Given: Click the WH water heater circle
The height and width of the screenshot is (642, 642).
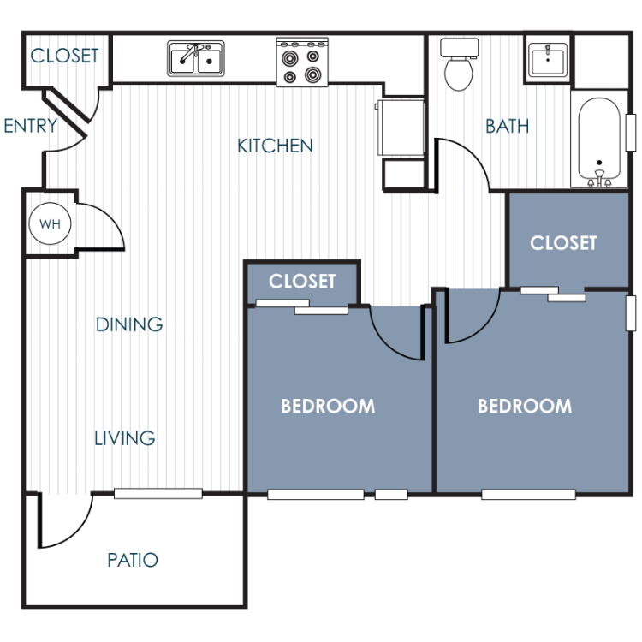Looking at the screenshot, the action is coord(50,223).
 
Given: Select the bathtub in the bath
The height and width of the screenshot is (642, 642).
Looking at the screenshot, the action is coord(599,142).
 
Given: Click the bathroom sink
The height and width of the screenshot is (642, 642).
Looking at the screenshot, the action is coord(548,60).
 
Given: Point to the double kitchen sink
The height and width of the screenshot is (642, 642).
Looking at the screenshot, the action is coord(196,59).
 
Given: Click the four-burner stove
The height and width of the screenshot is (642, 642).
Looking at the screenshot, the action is coord(302,62).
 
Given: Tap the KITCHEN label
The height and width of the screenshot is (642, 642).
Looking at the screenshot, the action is coord(275,146).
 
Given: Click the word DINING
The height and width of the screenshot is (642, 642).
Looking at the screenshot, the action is coord(129,324).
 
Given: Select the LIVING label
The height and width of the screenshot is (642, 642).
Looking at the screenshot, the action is coord(125,438).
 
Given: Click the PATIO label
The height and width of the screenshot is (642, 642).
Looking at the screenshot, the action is coord(133,560).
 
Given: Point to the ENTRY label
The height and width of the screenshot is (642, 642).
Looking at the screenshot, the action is coord(31,126).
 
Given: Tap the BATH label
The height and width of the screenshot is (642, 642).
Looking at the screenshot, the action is coord(507,126).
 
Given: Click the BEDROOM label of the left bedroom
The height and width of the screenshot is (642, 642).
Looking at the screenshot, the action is coord(328,406).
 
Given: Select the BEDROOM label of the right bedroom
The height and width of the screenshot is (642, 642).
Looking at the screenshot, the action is coord(525,406).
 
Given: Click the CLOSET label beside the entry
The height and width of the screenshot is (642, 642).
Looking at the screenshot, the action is coord(65,56).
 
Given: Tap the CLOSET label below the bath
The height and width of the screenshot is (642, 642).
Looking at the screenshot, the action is coord(563,243).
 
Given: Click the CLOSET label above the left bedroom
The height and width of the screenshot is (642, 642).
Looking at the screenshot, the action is coord(302,282).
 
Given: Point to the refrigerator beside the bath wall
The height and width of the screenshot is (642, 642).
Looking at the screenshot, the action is coord(401,127).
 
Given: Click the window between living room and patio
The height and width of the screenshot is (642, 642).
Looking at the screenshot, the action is coord(158,493).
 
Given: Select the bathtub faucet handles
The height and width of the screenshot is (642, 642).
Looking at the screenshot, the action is coord(599,180).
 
